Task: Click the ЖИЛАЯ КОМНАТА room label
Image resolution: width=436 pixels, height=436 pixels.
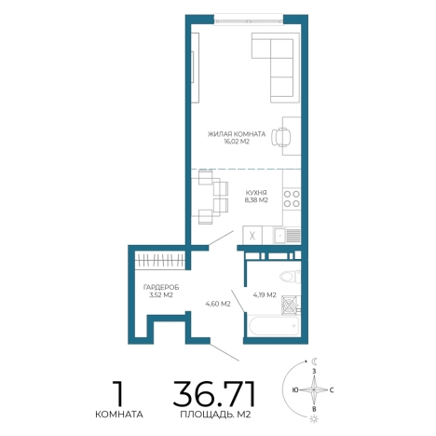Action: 237,134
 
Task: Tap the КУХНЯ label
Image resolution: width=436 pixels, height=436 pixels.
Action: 255,193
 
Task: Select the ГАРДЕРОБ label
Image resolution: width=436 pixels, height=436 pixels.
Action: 161,287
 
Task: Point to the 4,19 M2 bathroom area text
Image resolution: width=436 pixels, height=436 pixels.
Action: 265,295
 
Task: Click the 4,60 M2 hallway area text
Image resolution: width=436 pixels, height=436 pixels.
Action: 218,304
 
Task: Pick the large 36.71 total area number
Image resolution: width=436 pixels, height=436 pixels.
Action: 214,393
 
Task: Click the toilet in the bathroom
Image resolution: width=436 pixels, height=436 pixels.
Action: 290,276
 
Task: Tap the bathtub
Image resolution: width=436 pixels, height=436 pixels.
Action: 274,326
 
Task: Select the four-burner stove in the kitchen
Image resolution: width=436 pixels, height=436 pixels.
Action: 292,199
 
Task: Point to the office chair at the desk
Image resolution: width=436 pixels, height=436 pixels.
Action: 281,137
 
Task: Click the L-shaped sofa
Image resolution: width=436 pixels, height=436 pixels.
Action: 276,68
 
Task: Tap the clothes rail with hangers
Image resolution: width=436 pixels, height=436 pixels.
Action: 160,260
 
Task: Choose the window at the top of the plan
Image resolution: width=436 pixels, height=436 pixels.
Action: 249,20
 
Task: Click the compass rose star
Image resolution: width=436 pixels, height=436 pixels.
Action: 314,389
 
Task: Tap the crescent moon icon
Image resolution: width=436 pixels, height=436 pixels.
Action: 315,361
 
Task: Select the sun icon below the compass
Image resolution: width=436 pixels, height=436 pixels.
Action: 314,419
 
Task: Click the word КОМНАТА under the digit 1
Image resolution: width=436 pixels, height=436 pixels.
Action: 119,415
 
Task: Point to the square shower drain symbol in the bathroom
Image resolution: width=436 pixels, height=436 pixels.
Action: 289,305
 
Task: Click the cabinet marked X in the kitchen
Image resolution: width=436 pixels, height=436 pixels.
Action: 252,236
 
